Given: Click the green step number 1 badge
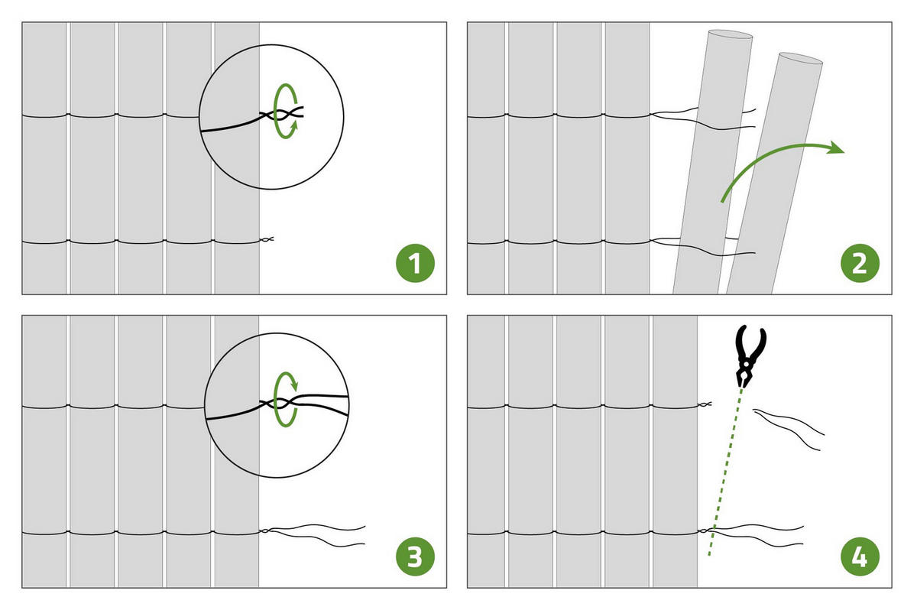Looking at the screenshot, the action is [415, 263].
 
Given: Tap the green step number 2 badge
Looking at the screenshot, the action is [860, 263].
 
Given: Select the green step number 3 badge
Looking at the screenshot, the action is [415, 556].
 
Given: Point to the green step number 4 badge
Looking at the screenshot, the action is [860, 556].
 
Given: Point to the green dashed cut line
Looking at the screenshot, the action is [724, 471].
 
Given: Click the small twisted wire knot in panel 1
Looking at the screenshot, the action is [266, 239].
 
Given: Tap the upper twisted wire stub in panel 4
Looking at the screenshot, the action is [705, 404].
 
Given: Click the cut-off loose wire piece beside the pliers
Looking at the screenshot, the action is [788, 428].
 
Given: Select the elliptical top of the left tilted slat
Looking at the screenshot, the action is [731, 34].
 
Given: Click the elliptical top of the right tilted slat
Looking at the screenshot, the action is [801, 58].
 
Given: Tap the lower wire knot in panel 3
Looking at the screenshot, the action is [265, 531].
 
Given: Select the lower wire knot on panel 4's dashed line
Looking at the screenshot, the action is [705, 531].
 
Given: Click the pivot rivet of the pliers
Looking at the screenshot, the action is [747, 364].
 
